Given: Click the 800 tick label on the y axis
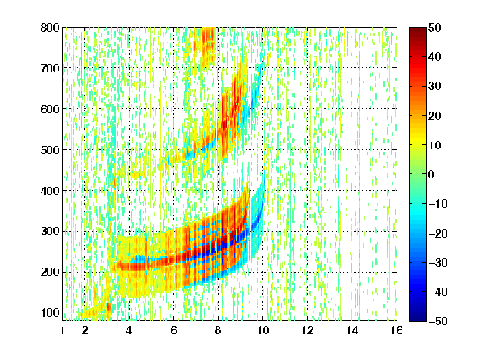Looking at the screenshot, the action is (50, 27).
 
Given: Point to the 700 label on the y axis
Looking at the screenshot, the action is (50, 68).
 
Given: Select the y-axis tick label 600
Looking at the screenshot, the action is (50, 109).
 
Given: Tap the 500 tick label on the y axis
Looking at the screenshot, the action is (50, 150).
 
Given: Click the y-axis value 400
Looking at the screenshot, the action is (50, 191).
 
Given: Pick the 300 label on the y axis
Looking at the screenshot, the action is (50, 231).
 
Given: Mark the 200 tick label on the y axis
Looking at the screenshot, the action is (50, 272).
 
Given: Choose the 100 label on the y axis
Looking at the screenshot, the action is (50, 312).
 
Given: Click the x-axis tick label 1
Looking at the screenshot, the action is (62, 330).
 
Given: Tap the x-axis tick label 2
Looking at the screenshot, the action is (85, 330).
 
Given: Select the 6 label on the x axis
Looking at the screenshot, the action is (174, 330).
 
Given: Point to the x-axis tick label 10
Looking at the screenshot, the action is (263, 330).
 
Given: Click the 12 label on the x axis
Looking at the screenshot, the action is (307, 330).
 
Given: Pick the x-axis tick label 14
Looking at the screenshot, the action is (352, 330).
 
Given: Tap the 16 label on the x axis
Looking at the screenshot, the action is (397, 330).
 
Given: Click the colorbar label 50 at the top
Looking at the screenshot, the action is (434, 27).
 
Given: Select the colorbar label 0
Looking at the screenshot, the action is (432, 174).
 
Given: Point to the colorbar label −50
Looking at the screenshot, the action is (438, 321).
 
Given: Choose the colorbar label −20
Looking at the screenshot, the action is (438, 233).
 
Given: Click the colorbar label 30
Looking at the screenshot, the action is (434, 87).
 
